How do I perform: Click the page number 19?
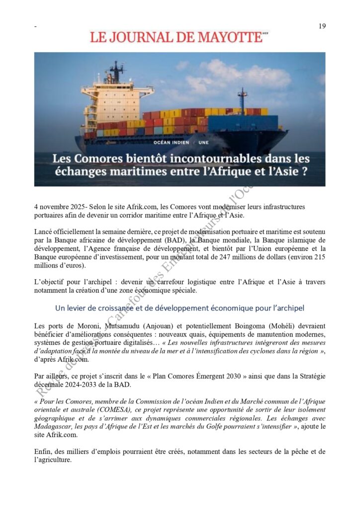click(x=322, y=26)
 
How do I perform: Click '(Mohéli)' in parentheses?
click(x=276, y=326)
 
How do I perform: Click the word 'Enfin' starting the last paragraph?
click(x=44, y=452)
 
